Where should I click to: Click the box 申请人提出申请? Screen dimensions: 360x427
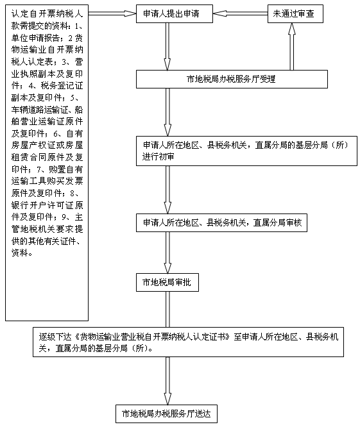click(175, 13)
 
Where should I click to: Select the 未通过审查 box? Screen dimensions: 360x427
click(295, 13)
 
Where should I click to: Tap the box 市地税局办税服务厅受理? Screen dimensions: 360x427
click(232, 80)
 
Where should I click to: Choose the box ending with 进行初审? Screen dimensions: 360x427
click(246, 151)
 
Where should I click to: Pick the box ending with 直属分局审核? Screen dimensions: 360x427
click(221, 222)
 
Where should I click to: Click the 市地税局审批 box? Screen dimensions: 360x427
click(167, 282)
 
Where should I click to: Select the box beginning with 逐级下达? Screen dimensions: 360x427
click(188, 342)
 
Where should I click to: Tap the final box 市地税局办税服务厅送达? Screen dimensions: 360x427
click(166, 414)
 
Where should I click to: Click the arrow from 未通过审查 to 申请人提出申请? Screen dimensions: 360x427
click(241, 13)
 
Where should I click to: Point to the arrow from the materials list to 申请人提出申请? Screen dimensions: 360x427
click(112, 13)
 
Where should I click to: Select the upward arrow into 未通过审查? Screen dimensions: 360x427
click(292, 47)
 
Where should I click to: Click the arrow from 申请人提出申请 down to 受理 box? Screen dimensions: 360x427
click(167, 47)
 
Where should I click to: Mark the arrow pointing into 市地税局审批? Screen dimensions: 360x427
click(167, 253)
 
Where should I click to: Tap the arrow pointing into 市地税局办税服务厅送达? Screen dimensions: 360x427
click(167, 381)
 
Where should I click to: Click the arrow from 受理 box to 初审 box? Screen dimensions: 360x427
click(167, 112)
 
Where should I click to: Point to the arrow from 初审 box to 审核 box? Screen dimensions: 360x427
click(167, 190)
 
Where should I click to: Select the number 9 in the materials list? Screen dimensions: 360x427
click(64, 217)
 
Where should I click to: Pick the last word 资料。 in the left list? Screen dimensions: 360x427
click(22, 253)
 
